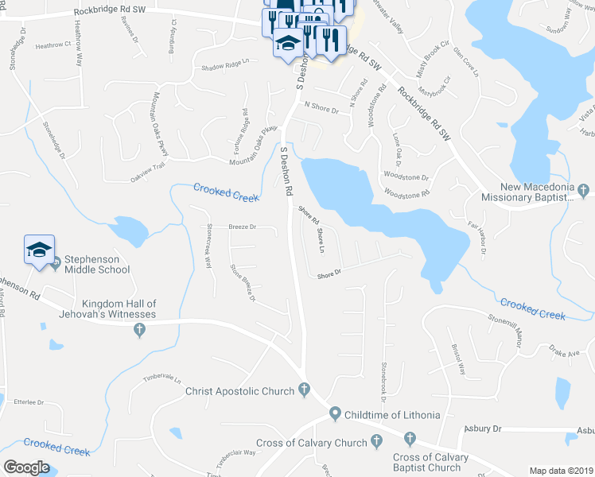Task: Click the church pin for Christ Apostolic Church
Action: click(x=303, y=390)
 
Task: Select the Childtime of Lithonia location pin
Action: click(x=335, y=413)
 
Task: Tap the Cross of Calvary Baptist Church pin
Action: click(x=410, y=438)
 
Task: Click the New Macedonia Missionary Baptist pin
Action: click(x=584, y=190)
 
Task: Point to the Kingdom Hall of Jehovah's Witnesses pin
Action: click(x=140, y=330)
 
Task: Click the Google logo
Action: click(x=27, y=467)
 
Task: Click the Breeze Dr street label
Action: click(x=242, y=227)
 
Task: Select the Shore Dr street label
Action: click(x=329, y=273)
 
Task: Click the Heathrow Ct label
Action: click(x=52, y=45)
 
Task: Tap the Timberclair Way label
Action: click(x=239, y=452)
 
